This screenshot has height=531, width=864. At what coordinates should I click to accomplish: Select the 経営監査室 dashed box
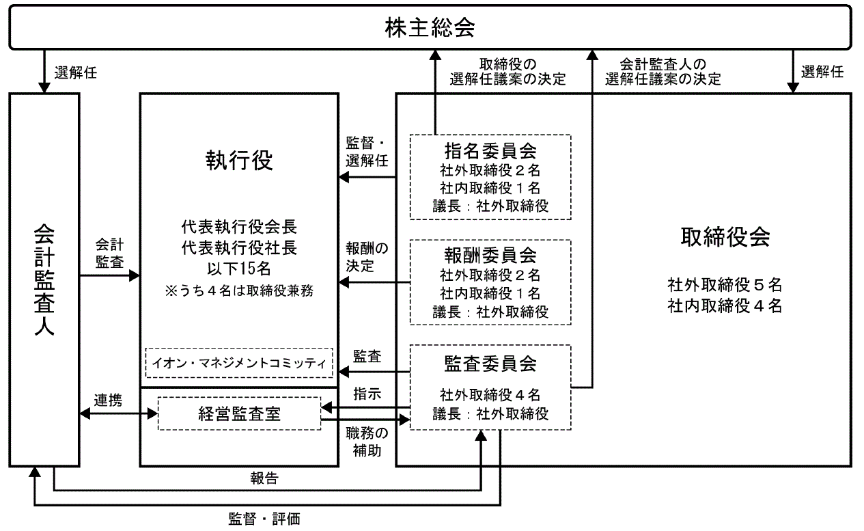[x=239, y=413]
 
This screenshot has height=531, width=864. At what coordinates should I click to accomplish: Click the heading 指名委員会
[x=490, y=150]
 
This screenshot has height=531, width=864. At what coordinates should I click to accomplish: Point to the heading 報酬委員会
[x=490, y=256]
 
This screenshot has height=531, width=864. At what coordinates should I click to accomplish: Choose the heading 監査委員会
[x=490, y=363]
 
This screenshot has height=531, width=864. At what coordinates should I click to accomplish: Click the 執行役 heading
[x=239, y=161]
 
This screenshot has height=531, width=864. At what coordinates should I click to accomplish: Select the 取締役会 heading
[x=725, y=237]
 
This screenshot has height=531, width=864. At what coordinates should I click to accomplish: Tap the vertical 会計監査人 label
[x=44, y=280]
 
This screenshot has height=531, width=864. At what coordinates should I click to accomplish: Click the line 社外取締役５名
[x=725, y=284]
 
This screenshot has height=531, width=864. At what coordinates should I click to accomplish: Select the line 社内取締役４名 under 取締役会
[x=725, y=306]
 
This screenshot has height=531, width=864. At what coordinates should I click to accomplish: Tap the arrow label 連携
[x=109, y=401]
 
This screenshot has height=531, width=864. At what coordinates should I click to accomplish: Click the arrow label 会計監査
[x=109, y=252]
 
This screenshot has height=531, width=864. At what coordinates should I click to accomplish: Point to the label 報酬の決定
[x=367, y=256]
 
